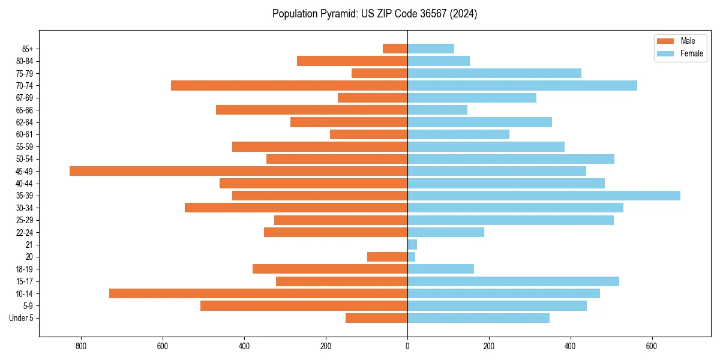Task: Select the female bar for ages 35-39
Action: point(544,196)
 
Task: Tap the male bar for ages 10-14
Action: point(258,293)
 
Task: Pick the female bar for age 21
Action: point(412,245)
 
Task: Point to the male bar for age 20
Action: point(387,257)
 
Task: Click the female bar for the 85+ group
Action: point(431,49)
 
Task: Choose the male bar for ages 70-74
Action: point(289,86)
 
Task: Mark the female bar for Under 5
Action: point(478,318)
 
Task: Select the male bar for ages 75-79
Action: point(379,73)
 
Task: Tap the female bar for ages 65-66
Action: point(437,110)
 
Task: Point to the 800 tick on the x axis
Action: point(81,346)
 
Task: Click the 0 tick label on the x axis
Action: point(407,346)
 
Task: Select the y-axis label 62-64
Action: point(24,122)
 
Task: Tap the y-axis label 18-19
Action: point(24,269)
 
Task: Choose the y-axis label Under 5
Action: point(21,318)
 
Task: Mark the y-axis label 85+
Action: point(27,49)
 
